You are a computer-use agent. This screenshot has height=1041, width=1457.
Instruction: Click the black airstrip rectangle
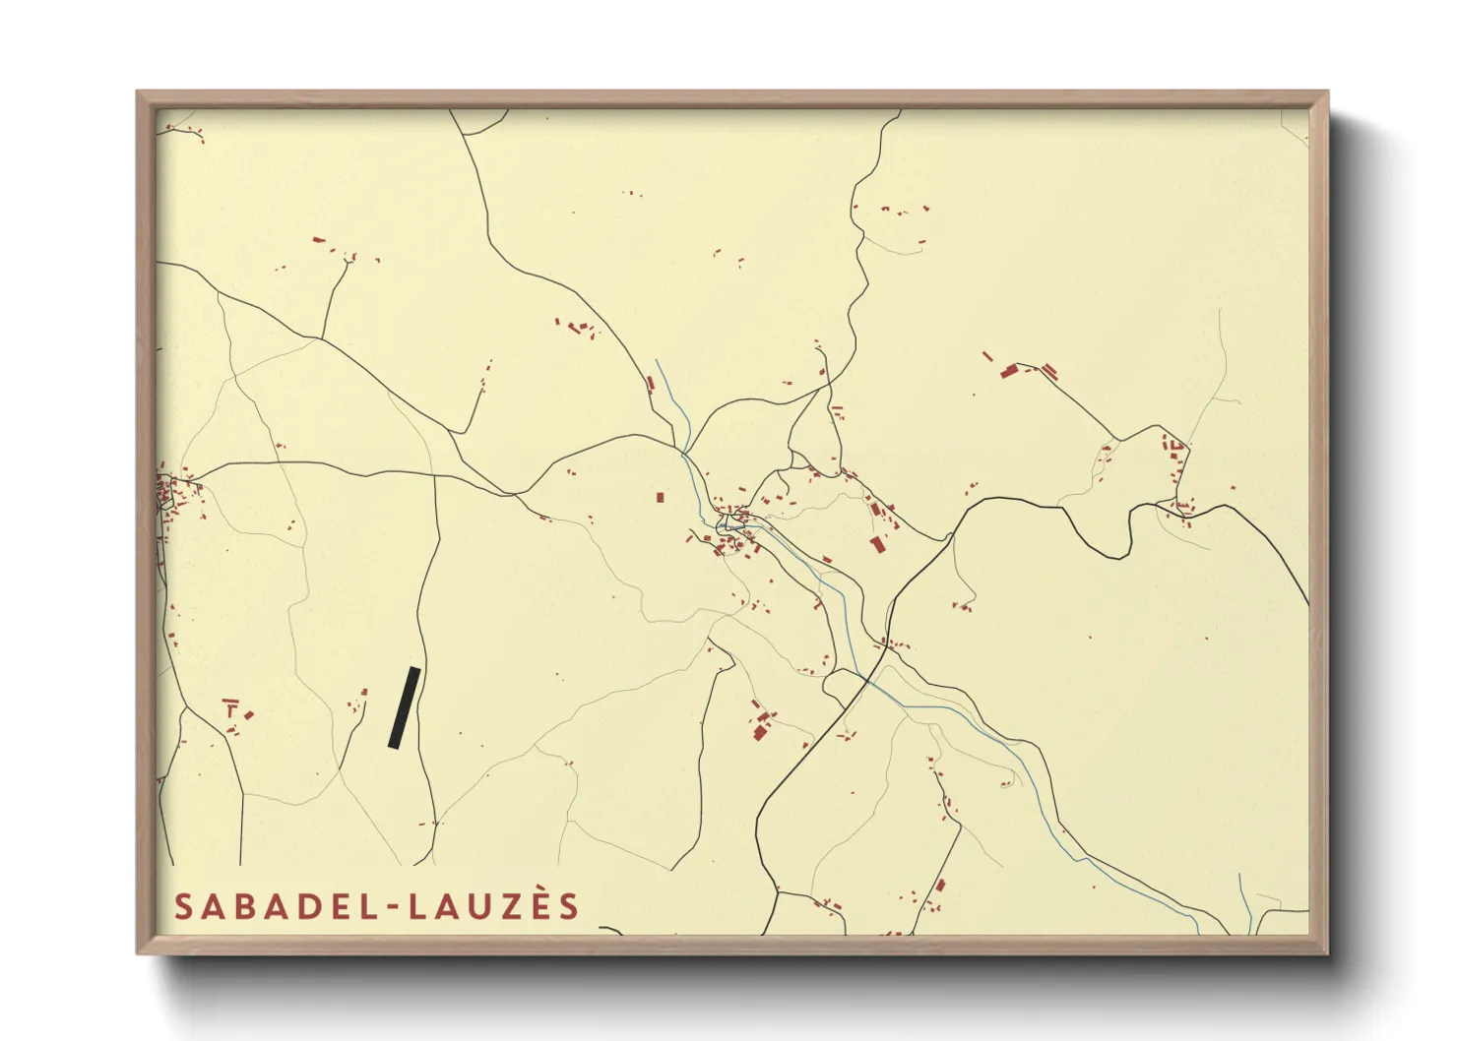click(404, 707)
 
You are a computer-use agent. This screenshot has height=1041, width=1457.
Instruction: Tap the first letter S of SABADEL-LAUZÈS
click(184, 906)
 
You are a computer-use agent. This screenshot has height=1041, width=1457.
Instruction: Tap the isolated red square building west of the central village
click(661, 497)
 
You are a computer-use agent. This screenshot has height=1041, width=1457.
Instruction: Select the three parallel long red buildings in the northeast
click(1049, 371)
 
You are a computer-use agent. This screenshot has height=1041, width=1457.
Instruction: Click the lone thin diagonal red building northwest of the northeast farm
click(987, 356)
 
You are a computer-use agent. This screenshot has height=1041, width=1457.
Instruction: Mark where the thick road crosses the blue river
click(866, 679)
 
